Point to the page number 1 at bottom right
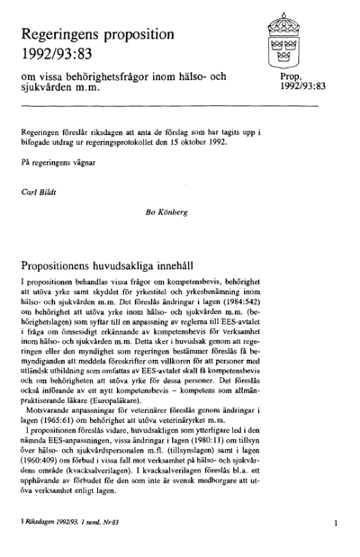click(334, 522)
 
